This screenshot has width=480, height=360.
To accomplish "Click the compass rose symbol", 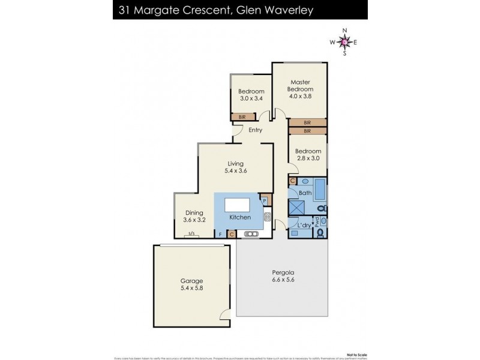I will point(344,41).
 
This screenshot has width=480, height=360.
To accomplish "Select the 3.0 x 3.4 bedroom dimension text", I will point(251,98).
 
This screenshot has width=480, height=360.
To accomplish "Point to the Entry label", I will point(255,130).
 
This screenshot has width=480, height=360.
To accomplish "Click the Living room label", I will point(237,163).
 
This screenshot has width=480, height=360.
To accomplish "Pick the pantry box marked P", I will point(265,200).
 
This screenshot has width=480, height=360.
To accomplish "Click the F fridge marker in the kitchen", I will point(220,234).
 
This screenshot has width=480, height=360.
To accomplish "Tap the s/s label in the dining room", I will point(191,233).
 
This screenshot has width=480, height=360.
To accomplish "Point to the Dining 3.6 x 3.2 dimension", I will point(194,220).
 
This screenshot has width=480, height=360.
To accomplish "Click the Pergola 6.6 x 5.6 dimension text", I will point(282,280).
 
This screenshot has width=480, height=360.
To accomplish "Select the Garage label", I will point(192,280).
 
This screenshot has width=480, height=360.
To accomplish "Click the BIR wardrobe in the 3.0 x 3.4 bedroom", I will point(242,117).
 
